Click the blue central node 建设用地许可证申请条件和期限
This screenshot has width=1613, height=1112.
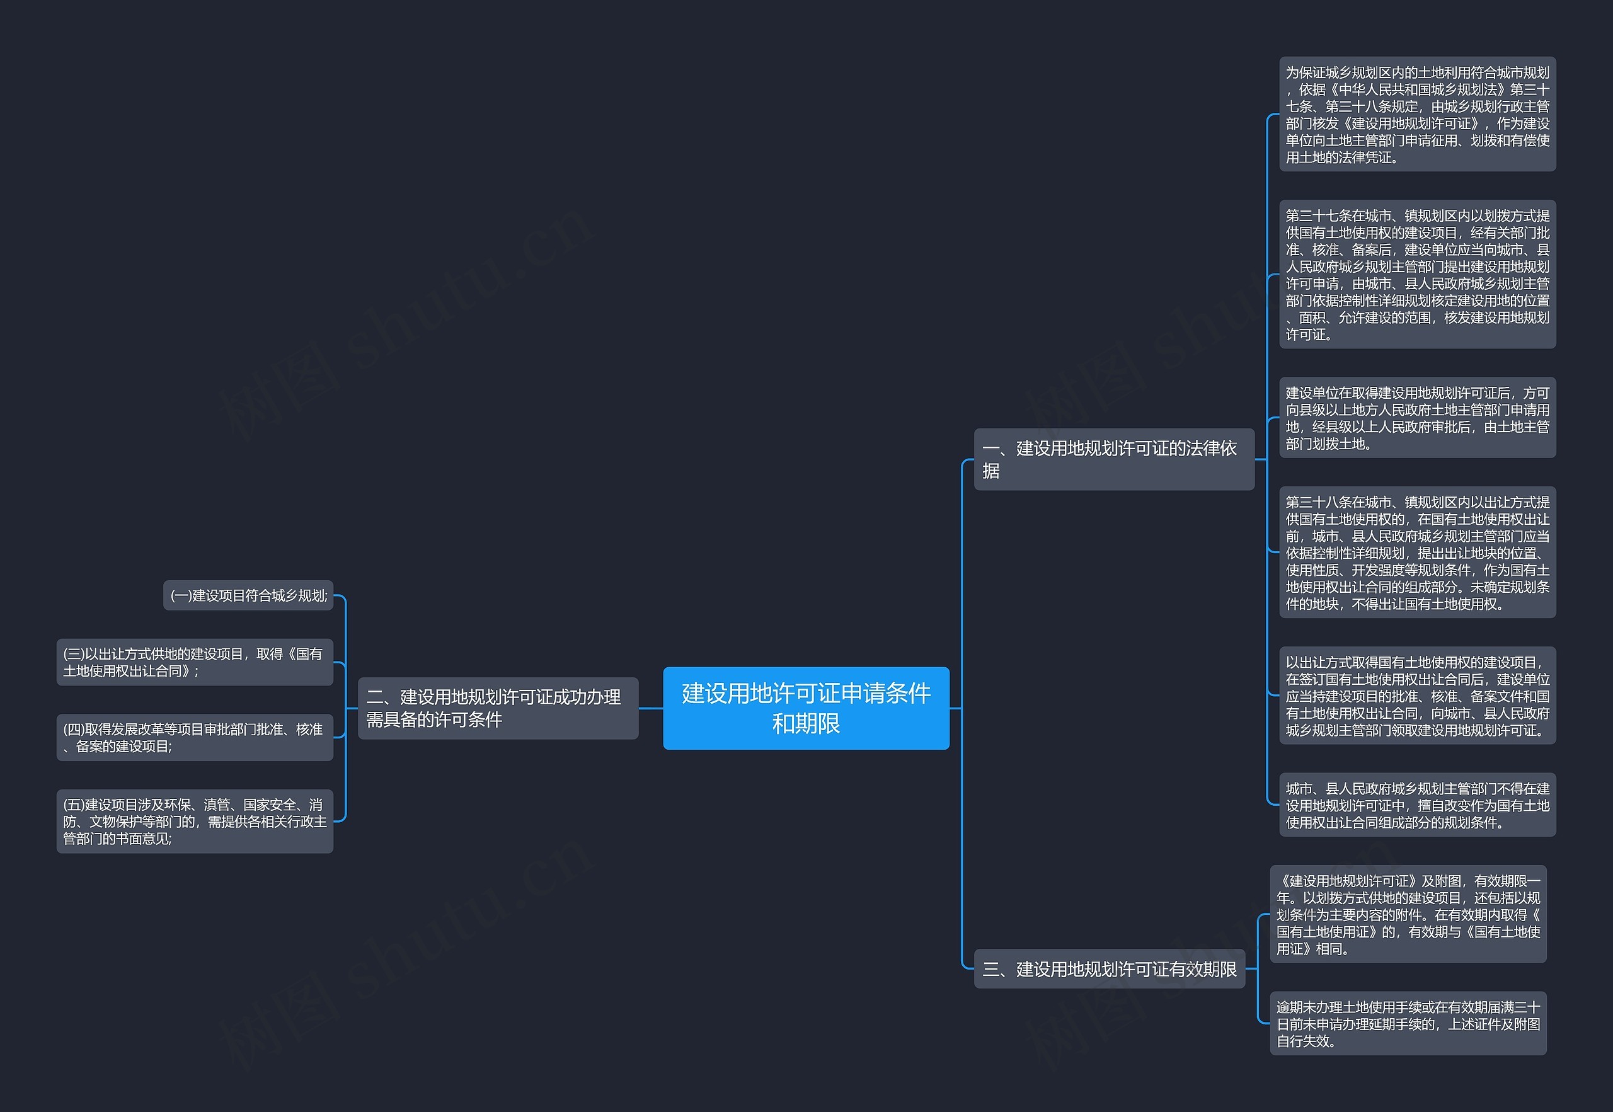pos(805,708)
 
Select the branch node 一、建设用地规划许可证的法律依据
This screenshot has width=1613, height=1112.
pos(1113,459)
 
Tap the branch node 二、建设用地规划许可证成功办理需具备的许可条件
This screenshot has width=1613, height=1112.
pos(498,708)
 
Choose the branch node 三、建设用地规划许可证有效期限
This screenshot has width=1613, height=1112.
pos(1109,968)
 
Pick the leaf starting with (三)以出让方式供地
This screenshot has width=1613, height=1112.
pos(195,662)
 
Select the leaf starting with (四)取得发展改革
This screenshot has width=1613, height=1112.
pos(195,737)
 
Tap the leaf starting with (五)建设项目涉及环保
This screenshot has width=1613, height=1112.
pos(195,822)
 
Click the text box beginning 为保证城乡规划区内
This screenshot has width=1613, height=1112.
pos(1417,114)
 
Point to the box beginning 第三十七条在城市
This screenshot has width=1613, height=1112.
pos(1417,275)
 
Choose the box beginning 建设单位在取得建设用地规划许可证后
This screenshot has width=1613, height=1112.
pos(1417,418)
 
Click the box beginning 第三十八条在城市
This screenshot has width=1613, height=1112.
pos(1417,553)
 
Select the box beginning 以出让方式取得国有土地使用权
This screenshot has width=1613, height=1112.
pos(1417,696)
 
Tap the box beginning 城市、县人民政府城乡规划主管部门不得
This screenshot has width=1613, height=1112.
pos(1417,805)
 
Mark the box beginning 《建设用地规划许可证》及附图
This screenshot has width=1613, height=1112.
pos(1408,914)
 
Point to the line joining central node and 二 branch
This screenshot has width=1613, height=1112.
pos(651,709)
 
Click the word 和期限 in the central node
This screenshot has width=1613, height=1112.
pos(805,724)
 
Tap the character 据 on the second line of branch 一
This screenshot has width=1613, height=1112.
pos(990,472)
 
